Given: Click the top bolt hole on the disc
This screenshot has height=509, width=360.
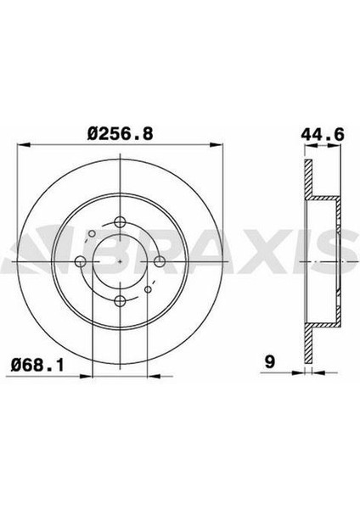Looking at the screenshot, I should pyautogui.click(x=121, y=222).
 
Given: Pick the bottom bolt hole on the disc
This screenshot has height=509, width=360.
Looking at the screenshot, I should pyautogui.click(x=121, y=301).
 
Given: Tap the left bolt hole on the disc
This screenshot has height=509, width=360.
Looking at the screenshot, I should pyautogui.click(x=82, y=261).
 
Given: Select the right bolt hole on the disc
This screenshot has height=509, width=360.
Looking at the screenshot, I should pyautogui.click(x=160, y=261).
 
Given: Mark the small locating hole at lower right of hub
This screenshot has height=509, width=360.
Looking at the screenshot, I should pyautogui.click(x=149, y=290).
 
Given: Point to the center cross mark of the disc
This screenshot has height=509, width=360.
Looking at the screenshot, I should pyautogui.click(x=121, y=261).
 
